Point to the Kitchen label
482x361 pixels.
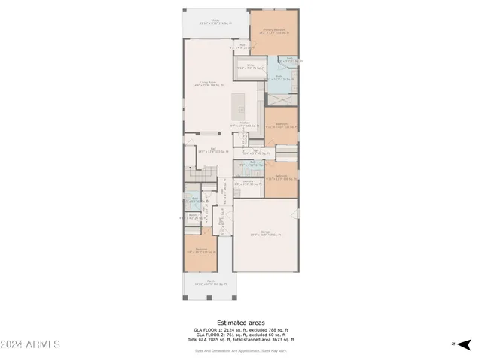(246, 124)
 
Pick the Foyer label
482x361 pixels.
(221, 223)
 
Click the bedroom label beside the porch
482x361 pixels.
(201, 251)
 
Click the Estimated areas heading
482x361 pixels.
(240, 323)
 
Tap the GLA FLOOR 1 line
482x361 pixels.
(240, 330)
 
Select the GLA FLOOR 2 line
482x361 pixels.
(240, 335)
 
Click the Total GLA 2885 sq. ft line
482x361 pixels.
(240, 341)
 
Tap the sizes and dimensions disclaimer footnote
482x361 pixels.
(240, 350)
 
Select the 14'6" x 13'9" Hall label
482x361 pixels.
(207, 151)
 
